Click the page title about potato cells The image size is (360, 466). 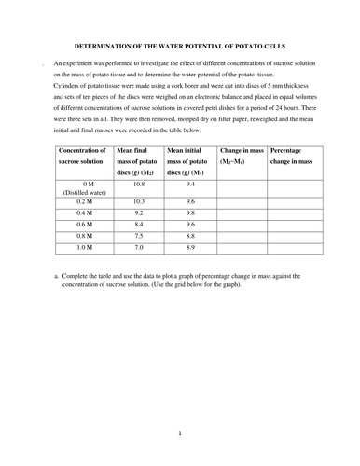[180, 46]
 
